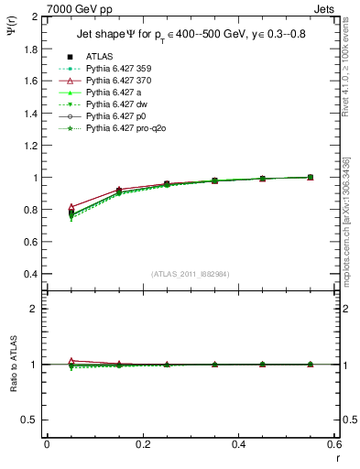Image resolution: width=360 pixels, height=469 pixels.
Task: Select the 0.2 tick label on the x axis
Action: [142, 445]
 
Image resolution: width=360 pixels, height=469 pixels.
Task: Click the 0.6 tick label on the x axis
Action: [334, 445]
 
